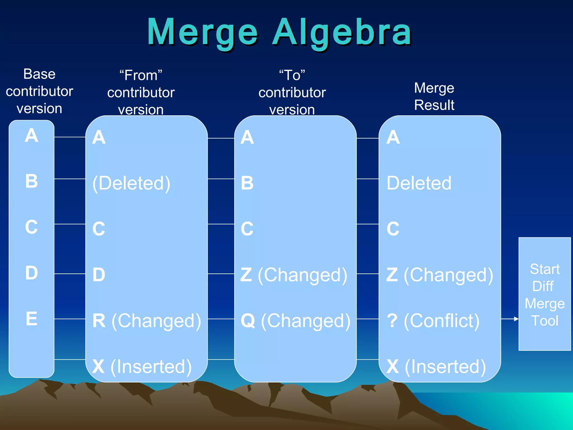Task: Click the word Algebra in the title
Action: point(342,32)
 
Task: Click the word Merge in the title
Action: point(202,32)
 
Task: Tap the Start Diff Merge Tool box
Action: point(544,294)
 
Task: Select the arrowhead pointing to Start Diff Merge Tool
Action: point(516,319)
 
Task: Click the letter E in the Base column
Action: point(32,319)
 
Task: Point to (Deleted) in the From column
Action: point(131,183)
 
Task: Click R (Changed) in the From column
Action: point(147,321)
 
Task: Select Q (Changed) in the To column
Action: point(295,321)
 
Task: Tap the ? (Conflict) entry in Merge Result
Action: point(433,321)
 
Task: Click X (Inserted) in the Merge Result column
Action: point(436,366)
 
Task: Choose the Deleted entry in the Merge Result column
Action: point(419,183)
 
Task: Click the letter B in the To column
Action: point(247,183)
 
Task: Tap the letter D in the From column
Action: point(99,275)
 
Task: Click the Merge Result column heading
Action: point(434,97)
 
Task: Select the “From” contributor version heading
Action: point(141,92)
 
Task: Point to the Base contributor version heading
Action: point(39,91)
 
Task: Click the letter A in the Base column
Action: point(32,136)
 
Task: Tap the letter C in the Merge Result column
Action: point(393,229)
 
